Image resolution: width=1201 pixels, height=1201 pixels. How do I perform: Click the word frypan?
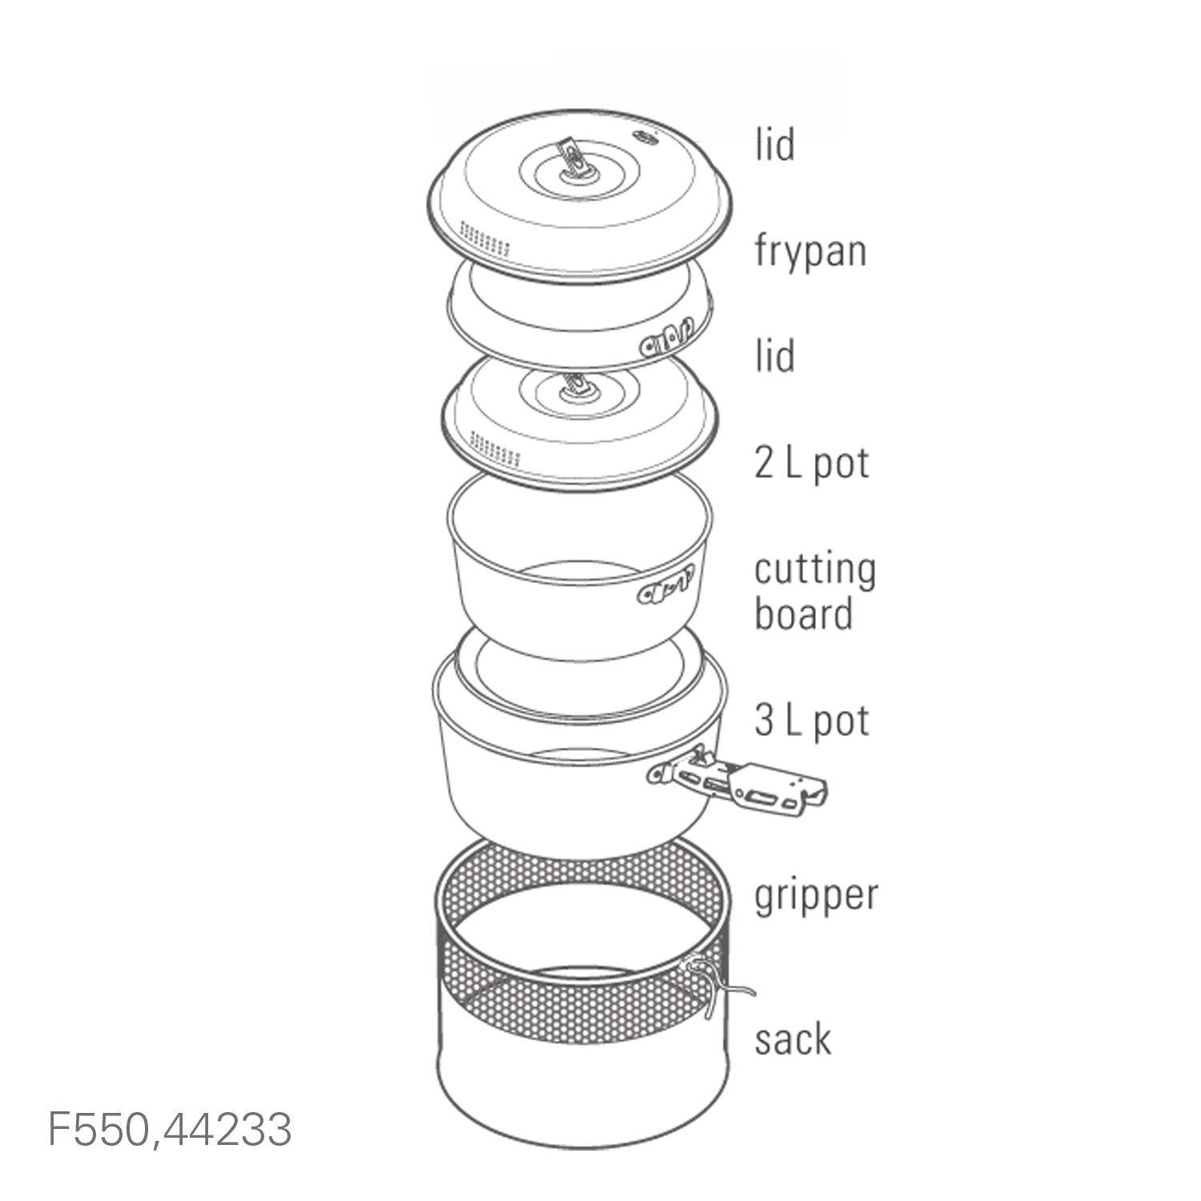tap(810, 251)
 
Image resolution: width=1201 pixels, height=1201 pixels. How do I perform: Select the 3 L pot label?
tap(812, 721)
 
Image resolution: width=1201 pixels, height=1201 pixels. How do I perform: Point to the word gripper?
tap(816, 897)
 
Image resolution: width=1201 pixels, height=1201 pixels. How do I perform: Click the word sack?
tap(793, 1038)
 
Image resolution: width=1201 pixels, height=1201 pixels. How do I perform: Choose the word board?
tap(803, 614)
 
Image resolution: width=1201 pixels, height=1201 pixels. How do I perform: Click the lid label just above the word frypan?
tap(774, 145)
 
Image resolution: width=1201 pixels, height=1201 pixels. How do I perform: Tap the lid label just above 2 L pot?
tap(774, 355)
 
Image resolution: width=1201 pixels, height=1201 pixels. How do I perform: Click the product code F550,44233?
tap(171, 1129)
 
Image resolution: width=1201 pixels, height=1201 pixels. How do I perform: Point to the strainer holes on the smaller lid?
tap(496, 448)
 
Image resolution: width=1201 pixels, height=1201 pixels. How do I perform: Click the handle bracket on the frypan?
tap(665, 336)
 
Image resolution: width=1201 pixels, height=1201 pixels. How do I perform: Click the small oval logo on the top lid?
tap(643, 138)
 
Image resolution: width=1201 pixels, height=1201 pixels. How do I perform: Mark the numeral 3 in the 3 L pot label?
tap(764, 720)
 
